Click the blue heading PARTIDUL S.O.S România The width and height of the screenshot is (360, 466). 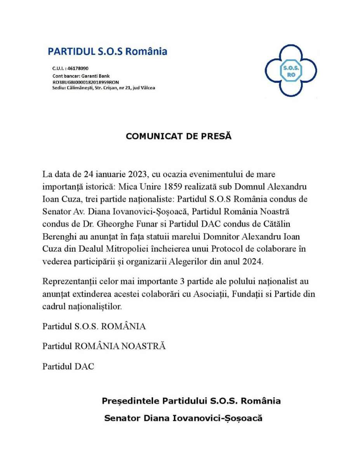107,51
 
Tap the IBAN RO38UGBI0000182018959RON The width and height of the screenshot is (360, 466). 85,82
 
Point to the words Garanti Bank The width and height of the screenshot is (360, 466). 96,76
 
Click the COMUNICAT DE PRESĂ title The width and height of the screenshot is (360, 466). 178,136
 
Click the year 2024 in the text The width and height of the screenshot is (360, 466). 252,261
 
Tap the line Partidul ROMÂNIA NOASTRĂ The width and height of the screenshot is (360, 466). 104,346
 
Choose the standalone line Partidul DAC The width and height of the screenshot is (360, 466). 68,366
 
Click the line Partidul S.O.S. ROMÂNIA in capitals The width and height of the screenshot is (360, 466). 94,326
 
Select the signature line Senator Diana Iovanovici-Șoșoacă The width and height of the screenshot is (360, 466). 183,418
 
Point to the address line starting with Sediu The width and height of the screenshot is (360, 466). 104,88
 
